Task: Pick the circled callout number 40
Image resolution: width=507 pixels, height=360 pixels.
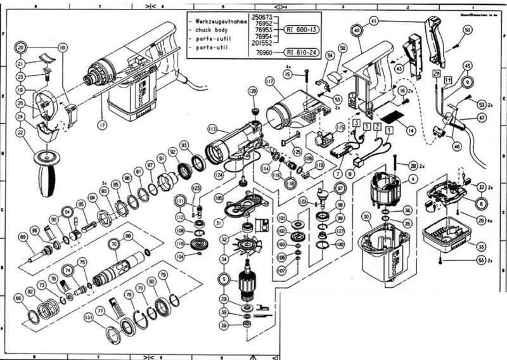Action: click(357, 30)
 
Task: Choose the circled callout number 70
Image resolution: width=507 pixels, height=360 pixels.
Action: click(114, 243)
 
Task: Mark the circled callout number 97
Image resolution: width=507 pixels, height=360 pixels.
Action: click(340, 189)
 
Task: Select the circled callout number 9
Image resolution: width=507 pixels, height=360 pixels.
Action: click(468, 82)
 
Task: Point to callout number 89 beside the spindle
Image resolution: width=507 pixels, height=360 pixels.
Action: click(23, 237)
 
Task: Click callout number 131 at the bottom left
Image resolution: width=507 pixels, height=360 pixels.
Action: click(88, 316)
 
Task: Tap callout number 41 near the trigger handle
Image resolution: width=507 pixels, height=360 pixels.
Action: click(374, 22)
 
